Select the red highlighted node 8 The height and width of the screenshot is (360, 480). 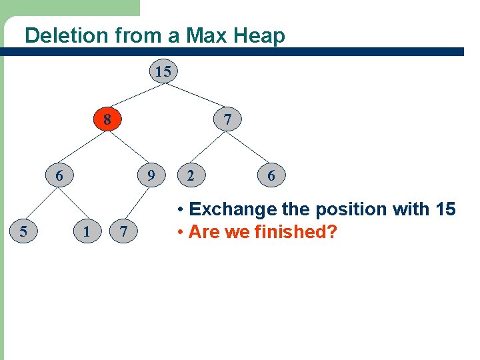point(107,120)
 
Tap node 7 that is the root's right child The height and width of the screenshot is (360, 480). point(228,120)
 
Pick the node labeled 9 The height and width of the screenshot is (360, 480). point(151,176)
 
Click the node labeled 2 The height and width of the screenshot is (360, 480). point(191,176)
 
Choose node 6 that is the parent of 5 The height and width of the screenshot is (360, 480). point(59,176)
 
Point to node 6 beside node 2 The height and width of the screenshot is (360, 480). point(271,176)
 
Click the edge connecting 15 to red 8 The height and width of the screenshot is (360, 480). point(135,96)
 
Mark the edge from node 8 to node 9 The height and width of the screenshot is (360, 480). point(129,148)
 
